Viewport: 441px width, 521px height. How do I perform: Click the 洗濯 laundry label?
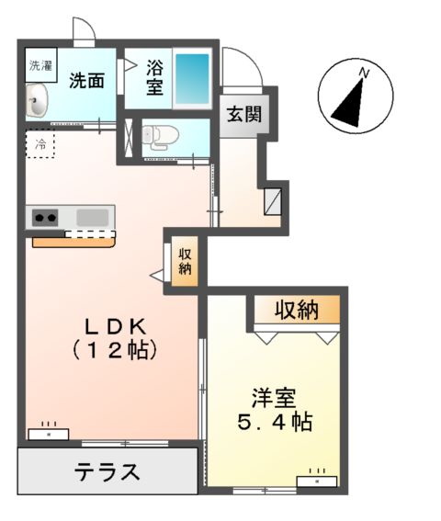tap(40, 65)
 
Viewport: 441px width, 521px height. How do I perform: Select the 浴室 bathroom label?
tap(154, 79)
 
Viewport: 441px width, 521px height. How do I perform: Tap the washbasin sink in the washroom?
tap(39, 100)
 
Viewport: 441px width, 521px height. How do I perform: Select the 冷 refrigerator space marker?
tap(40, 144)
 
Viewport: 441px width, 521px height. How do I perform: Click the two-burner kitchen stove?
tap(46, 218)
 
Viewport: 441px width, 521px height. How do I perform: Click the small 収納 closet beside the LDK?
tap(185, 262)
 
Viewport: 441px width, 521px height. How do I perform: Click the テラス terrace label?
tap(107, 472)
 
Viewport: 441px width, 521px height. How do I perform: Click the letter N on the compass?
tap(364, 72)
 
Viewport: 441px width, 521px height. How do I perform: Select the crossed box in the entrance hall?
tap(272, 201)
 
